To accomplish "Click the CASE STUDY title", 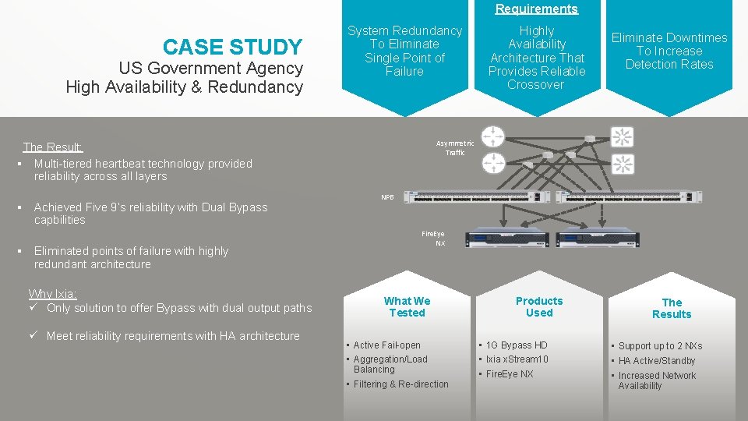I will (x=232, y=48).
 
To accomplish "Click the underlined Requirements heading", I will (x=537, y=9).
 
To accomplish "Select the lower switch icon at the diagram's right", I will (x=622, y=164).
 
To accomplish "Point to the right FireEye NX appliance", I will (x=599, y=242).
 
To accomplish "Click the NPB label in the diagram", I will (x=387, y=197).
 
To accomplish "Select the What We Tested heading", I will (x=407, y=306).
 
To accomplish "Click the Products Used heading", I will (x=539, y=306).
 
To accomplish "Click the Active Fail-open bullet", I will (x=386, y=345).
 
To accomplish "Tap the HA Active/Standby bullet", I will (x=656, y=361).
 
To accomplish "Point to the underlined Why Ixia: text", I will (x=52, y=294).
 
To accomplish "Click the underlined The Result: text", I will (x=53, y=147).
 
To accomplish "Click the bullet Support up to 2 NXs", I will (x=660, y=345).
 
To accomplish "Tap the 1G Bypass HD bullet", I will (x=516, y=345).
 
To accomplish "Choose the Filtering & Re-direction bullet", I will (x=400, y=384).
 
